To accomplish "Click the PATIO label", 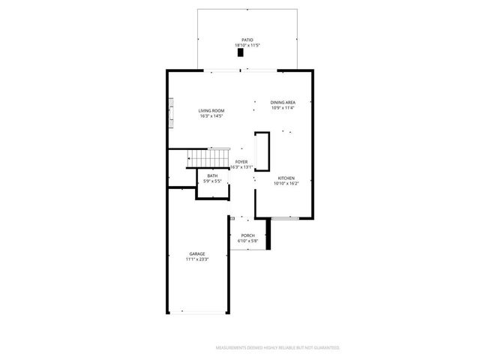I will tap(247, 40).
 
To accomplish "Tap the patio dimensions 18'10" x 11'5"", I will tap(247, 46).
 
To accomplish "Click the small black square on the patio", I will tap(241, 53).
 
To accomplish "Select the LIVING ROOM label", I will tap(211, 111).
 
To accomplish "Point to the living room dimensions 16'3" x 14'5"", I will tap(211, 117).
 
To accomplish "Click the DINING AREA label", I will tap(283, 102).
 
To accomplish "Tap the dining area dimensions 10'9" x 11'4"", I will tap(283, 108).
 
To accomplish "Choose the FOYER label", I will tap(241, 161).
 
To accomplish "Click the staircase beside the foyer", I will tap(208, 158).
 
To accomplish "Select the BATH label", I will tap(212, 175).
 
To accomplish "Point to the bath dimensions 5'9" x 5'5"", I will tap(212, 181).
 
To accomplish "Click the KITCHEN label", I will tap(285, 178).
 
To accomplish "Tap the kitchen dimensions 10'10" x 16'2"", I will tap(285, 184).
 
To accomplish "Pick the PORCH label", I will tap(247, 235).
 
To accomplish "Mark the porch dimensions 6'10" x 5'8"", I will tap(247, 241).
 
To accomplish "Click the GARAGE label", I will tap(196, 253).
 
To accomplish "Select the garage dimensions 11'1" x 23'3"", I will tap(196, 259).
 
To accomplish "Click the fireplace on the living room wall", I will tap(171, 112).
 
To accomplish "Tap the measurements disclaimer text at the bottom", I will tap(277, 348).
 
